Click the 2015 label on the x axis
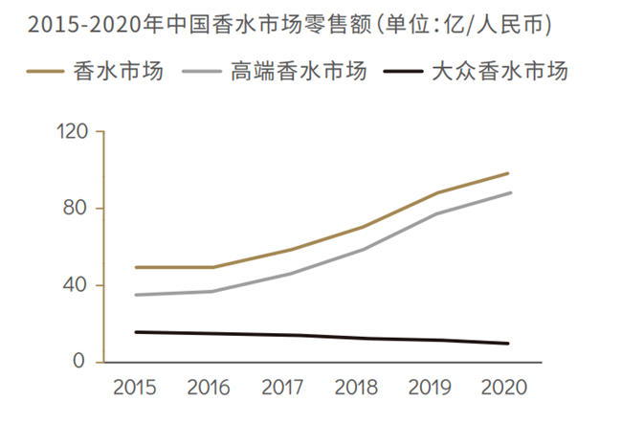coord(136,389)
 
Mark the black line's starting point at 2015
coord(136,332)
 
